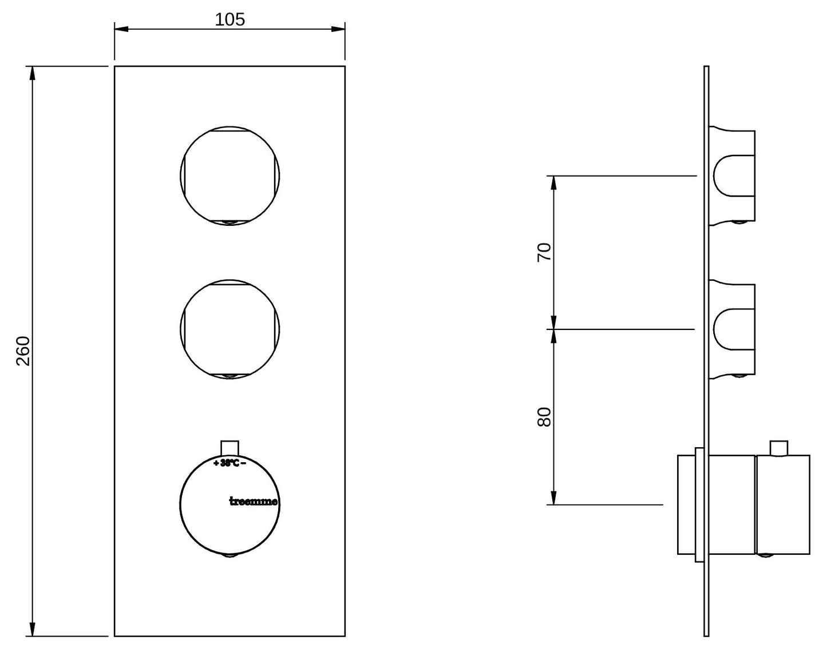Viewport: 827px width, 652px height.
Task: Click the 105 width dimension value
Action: [x=229, y=19]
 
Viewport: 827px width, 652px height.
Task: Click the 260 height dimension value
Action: [x=23, y=351]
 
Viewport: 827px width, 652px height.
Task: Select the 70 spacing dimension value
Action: [x=544, y=252]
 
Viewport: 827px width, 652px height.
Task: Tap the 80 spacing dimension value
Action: [x=544, y=417]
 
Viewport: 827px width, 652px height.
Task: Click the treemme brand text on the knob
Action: [x=254, y=502]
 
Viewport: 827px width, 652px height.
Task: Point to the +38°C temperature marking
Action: [x=230, y=463]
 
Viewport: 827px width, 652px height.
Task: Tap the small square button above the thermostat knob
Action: [x=230, y=448]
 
